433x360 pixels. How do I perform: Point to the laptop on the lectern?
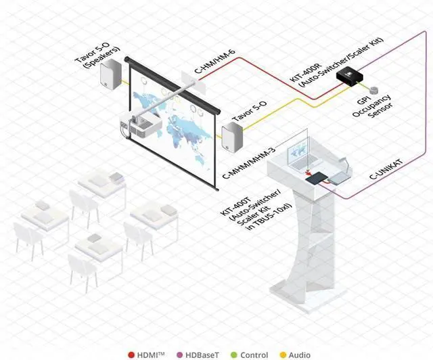pos(299,160)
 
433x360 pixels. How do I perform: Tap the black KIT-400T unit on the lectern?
pos(316,179)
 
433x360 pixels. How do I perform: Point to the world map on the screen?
pos(173,118)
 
